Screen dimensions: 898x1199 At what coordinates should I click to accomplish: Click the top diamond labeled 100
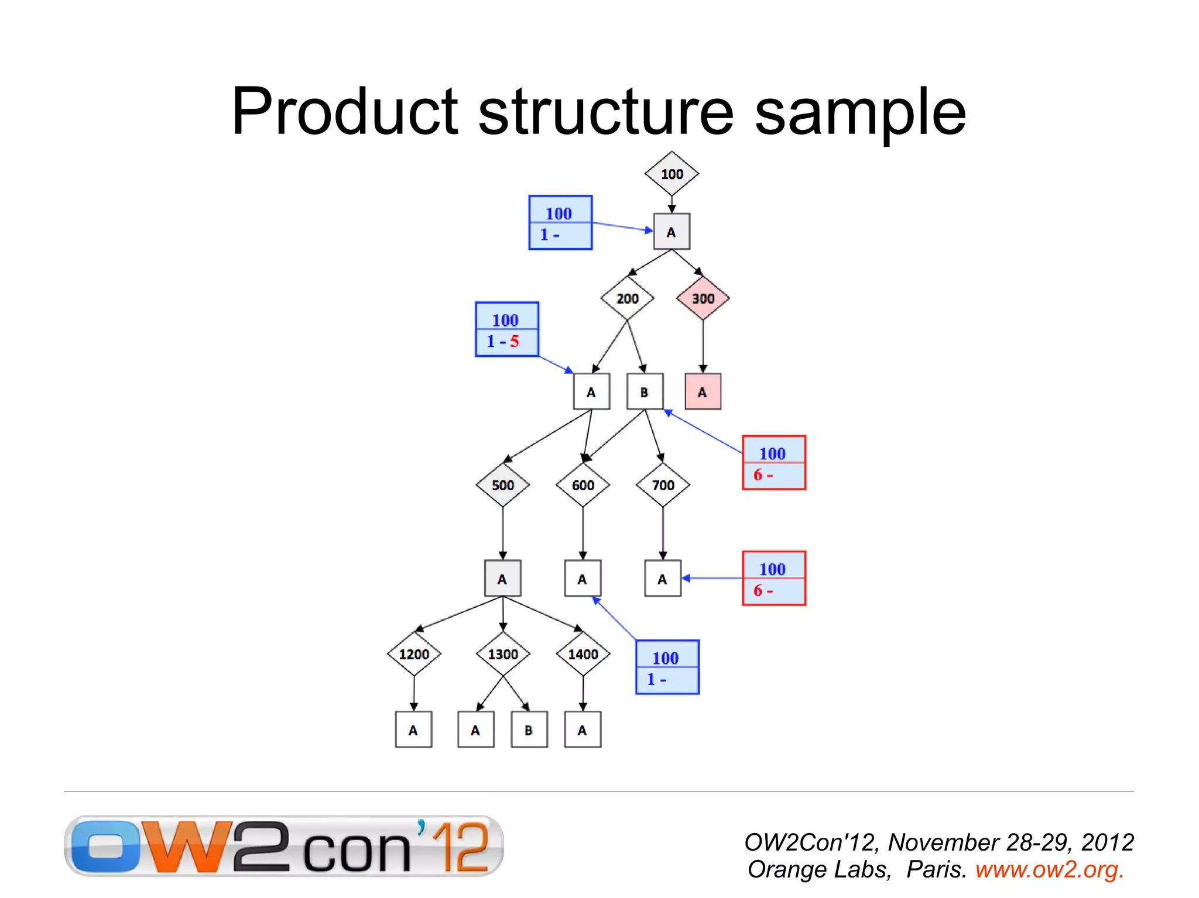click(672, 174)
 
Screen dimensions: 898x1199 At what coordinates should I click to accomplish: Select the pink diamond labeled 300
click(703, 298)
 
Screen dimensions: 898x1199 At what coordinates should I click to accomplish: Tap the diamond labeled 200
click(627, 298)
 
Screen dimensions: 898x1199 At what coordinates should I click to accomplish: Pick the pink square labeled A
click(703, 392)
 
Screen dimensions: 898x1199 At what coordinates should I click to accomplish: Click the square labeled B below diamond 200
click(645, 392)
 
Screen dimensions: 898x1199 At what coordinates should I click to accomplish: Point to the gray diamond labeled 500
click(502, 485)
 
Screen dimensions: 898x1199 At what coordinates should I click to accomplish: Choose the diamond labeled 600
click(583, 485)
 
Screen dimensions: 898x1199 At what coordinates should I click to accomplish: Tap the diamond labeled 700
click(663, 485)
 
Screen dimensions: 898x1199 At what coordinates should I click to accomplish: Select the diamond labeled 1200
click(414, 654)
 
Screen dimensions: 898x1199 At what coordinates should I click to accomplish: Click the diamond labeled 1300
click(503, 654)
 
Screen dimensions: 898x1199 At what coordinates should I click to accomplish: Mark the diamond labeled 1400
click(583, 654)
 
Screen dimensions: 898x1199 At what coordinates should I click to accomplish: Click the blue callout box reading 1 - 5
click(506, 329)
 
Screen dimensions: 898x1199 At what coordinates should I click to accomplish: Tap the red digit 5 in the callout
click(514, 341)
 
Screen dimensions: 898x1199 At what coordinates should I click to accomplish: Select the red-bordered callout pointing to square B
click(774, 462)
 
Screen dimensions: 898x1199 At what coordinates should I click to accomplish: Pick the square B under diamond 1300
click(529, 730)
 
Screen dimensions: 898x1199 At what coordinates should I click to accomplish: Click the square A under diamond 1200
click(413, 730)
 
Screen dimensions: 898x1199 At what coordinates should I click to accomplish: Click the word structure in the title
click(606, 111)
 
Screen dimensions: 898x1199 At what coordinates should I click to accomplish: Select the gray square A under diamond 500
click(502, 579)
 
